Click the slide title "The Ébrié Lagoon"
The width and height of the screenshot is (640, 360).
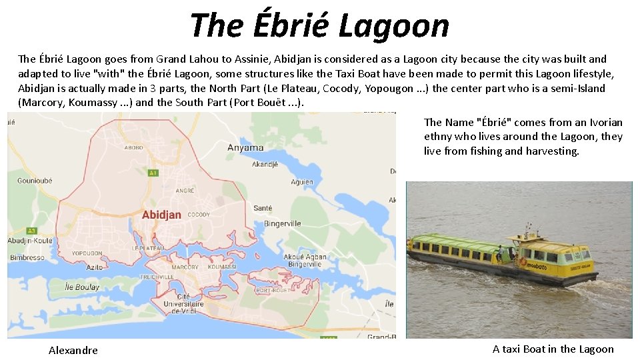(x=319, y=25)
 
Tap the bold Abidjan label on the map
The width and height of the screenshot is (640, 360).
(x=161, y=215)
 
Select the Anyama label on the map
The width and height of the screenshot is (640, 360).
(x=245, y=147)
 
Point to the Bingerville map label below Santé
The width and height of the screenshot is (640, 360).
(x=282, y=223)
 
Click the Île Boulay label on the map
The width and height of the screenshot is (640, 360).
(x=83, y=287)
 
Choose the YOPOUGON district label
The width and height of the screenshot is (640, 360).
(x=87, y=253)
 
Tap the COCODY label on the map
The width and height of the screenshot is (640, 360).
(x=199, y=215)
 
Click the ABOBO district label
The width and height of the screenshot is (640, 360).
(x=133, y=147)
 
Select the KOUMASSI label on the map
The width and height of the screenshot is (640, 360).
(x=222, y=267)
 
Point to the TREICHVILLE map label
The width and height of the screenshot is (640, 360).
(x=157, y=277)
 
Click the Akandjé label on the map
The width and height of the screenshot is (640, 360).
(x=265, y=164)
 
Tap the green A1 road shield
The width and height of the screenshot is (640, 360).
(x=153, y=173)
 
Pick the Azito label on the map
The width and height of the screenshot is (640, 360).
(x=95, y=267)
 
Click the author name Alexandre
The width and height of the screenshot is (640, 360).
(x=73, y=350)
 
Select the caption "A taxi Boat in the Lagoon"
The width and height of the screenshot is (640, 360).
(x=553, y=349)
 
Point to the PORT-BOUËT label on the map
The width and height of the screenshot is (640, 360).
(x=272, y=291)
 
